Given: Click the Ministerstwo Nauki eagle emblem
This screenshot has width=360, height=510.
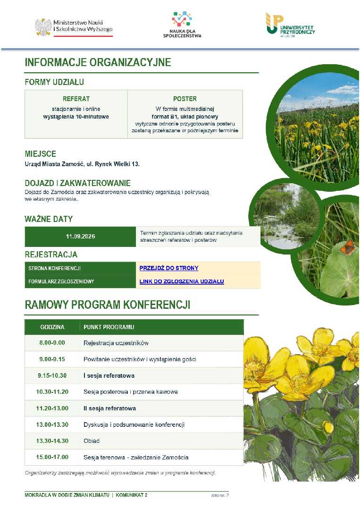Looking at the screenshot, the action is (43, 27).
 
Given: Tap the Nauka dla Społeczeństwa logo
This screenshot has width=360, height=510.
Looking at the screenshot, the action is (182, 25).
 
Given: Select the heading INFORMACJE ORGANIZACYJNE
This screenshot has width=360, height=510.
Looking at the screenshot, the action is (98, 62).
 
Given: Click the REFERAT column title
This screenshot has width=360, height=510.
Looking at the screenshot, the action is (76, 99).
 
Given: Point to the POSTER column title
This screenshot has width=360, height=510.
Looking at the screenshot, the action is (185, 99).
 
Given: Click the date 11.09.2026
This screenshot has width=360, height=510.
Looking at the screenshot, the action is (80, 237).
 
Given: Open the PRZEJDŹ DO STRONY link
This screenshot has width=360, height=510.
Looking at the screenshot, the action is (169, 268).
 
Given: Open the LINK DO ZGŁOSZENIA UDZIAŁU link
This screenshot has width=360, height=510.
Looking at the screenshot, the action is (182, 281).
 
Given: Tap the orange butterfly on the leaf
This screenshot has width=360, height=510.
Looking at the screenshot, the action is (346, 247).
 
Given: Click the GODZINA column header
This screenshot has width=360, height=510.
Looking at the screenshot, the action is (52, 327).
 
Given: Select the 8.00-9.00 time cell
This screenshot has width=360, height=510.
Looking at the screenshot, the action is (52, 343).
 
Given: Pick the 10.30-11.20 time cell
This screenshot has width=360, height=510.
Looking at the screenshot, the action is (52, 391).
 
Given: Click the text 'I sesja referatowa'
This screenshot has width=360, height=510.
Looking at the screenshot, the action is (109, 375).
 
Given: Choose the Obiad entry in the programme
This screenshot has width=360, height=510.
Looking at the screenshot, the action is (92, 441).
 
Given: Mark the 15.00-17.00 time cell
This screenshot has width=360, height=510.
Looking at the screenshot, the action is (52, 457).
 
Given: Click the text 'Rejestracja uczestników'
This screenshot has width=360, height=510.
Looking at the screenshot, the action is (116, 343).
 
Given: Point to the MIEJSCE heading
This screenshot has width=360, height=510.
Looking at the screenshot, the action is (40, 153).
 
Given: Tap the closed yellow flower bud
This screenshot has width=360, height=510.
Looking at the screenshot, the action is (328, 427).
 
